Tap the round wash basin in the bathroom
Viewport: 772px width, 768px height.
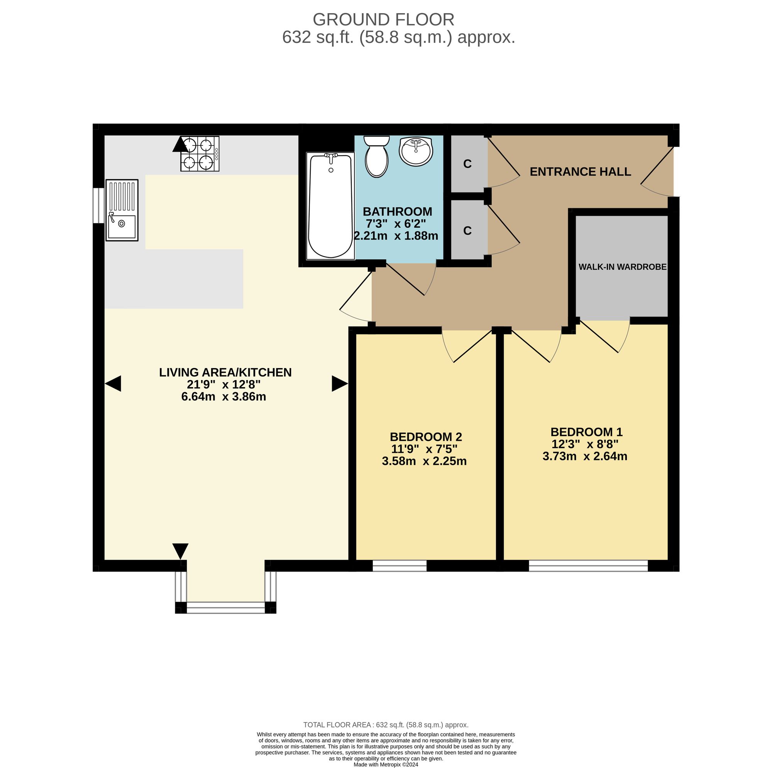(416, 151)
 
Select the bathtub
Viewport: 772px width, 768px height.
(330, 206)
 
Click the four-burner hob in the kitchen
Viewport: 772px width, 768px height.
(200, 154)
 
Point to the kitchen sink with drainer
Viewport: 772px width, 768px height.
(122, 210)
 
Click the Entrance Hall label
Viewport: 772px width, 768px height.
(580, 172)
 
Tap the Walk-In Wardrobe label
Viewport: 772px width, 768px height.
(623, 267)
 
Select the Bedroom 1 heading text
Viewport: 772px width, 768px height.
(587, 432)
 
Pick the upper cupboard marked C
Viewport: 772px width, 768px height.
(467, 164)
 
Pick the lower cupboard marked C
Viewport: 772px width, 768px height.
(467, 230)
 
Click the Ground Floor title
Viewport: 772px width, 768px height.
(383, 20)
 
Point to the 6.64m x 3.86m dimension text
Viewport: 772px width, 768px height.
(224, 397)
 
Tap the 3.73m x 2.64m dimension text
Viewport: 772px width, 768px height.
(585, 456)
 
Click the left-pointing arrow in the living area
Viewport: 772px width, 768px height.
(113, 384)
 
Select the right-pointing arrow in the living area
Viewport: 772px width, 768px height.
(340, 384)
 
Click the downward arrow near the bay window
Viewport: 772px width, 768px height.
(180, 551)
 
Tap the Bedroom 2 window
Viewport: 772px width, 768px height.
(400, 566)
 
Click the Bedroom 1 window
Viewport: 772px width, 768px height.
(588, 566)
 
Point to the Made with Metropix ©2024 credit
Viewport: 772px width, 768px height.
(386, 765)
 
